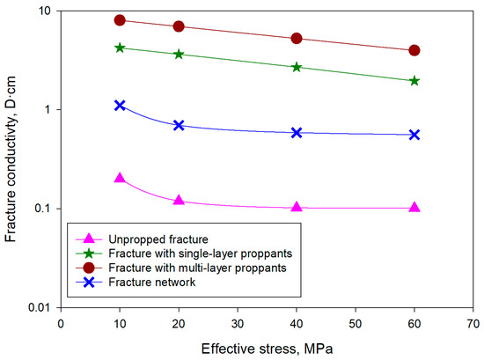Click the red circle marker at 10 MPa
120,20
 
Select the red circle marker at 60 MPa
414,51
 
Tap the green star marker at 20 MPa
179,55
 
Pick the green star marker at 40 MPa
297,67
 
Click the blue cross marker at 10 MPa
120,105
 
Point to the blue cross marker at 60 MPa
414,135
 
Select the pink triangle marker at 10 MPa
120,178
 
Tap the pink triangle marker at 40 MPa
297,208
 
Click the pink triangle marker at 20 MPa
179,201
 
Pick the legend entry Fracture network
149,283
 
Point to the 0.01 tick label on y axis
36,307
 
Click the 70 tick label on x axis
473,323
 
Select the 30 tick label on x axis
238,323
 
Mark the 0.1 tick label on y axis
40,209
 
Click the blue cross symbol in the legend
89,283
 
